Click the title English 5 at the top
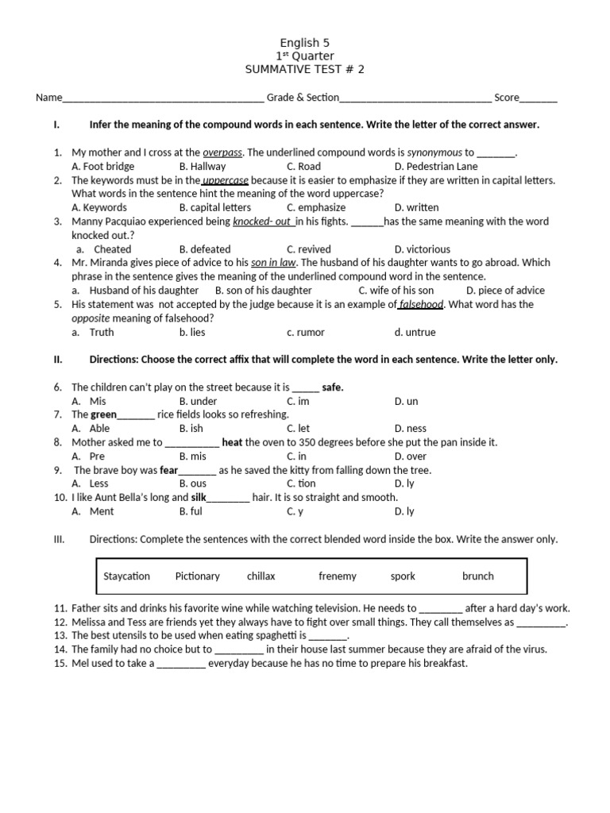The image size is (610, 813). [305, 43]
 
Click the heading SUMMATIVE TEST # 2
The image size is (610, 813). [305, 69]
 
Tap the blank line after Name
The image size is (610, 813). [163, 98]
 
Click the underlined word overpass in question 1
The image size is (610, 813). [222, 152]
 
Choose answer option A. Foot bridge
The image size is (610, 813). [102, 166]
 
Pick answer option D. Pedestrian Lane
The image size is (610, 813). [436, 166]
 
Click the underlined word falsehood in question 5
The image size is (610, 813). [421, 304]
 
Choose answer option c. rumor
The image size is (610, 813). [306, 333]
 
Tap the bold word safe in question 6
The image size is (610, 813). [333, 387]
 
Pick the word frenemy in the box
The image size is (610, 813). [338, 576]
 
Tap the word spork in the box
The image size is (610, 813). [403, 576]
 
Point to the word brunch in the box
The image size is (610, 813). [477, 576]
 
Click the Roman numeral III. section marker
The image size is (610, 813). [58, 540]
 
